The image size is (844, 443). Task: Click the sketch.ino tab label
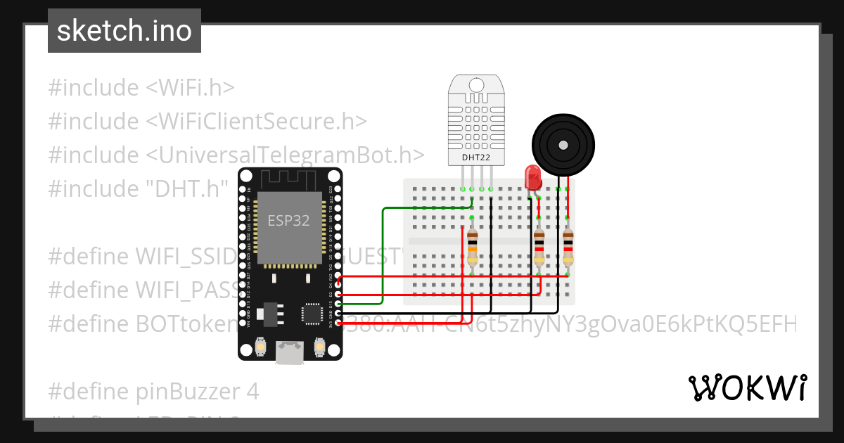point(124,31)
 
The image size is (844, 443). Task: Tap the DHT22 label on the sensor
point(476,157)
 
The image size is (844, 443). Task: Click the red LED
point(532,177)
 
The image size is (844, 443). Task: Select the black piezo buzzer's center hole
point(562,146)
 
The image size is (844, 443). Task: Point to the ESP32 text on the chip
point(288,220)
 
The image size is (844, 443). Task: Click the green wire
point(383,253)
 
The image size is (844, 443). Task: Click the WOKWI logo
point(747,387)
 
